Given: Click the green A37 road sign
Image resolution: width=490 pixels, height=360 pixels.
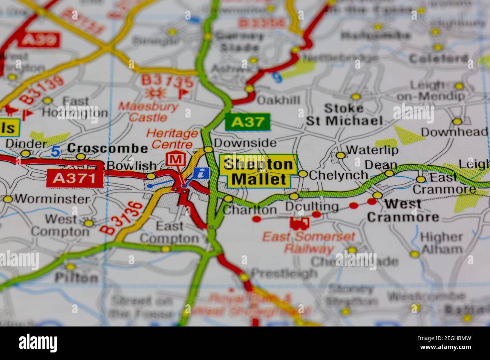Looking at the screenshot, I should click(248, 122).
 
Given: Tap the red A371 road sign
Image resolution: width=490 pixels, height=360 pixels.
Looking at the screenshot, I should click(75, 178).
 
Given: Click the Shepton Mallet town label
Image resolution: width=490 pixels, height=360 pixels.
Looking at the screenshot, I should click(258, 171).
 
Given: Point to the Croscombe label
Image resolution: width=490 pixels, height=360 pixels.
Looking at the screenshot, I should click(108, 148).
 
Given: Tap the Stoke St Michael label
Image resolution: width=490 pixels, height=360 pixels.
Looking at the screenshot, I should click(344, 114).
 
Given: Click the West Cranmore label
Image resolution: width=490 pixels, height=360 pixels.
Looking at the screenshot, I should click(403, 211).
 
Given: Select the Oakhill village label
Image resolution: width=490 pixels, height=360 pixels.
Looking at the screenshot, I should click(278, 100).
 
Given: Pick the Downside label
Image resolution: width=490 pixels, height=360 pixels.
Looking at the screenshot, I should click(245, 143).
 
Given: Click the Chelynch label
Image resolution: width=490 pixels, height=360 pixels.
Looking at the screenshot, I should click(338, 175).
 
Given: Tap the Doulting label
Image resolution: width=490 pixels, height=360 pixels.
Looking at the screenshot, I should click(312, 206).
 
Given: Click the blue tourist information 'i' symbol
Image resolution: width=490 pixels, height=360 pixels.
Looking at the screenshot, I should click(202, 173).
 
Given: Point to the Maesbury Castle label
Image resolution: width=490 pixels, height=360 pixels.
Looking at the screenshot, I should click(148, 112).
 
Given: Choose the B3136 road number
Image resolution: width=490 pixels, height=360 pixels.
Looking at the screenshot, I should click(121, 218).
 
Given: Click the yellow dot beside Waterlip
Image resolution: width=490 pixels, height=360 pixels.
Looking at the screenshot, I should click(340, 155).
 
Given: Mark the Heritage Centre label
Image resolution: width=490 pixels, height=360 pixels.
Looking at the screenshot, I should click(172, 139).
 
